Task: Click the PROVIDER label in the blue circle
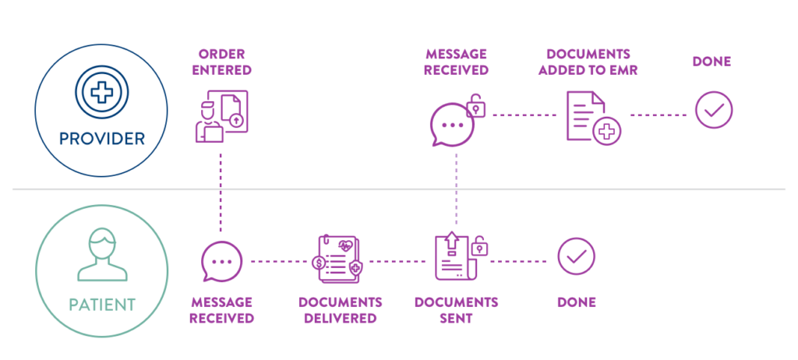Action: click(x=102, y=138)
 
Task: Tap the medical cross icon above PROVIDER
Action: click(x=102, y=92)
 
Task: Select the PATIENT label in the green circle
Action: click(x=102, y=305)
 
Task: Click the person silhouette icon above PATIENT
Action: click(x=102, y=254)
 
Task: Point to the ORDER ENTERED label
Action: click(x=222, y=62)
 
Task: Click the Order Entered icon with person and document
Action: click(x=222, y=116)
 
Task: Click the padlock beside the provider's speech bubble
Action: click(x=476, y=107)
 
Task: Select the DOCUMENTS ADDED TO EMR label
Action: click(x=588, y=62)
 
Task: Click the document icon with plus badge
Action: click(x=593, y=118)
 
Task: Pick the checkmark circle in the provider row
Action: click(x=714, y=109)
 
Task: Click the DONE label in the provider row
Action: click(x=711, y=62)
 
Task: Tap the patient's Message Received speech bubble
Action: click(x=221, y=261)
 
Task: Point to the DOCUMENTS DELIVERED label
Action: click(x=340, y=310)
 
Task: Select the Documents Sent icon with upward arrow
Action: click(x=455, y=256)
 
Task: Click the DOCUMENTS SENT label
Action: click(x=456, y=310)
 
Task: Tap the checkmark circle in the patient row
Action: click(x=576, y=256)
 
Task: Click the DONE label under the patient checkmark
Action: click(x=577, y=302)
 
